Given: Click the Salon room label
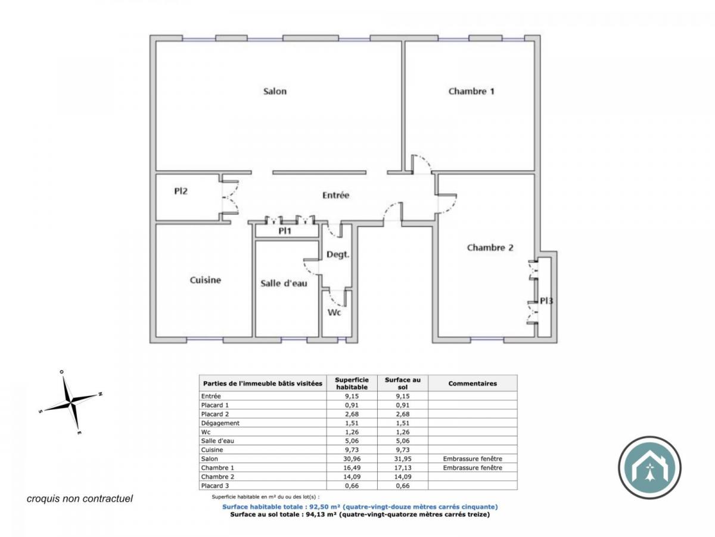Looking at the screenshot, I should (x=275, y=91).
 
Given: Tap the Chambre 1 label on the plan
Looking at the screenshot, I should (x=471, y=91).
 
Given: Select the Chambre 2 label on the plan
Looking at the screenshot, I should (x=490, y=248).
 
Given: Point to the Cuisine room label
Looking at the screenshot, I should (x=206, y=280).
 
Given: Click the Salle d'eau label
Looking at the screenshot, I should (x=284, y=283).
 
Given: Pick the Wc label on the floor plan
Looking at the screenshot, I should (x=334, y=313).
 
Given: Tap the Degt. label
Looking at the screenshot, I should (x=338, y=254).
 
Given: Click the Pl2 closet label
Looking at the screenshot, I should (x=181, y=192).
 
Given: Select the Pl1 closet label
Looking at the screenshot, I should (x=285, y=231).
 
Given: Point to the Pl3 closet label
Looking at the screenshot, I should (x=546, y=301).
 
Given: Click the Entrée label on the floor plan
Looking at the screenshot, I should (x=335, y=195).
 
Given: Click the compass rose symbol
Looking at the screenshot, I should (x=71, y=403).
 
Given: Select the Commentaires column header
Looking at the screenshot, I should (x=472, y=384).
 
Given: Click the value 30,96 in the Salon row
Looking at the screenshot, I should (x=352, y=459).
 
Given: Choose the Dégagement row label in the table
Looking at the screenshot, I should (x=220, y=423).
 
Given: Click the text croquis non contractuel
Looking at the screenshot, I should (x=80, y=498).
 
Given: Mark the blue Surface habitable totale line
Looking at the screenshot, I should (x=360, y=507).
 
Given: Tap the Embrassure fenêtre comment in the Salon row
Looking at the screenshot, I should (x=472, y=459).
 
